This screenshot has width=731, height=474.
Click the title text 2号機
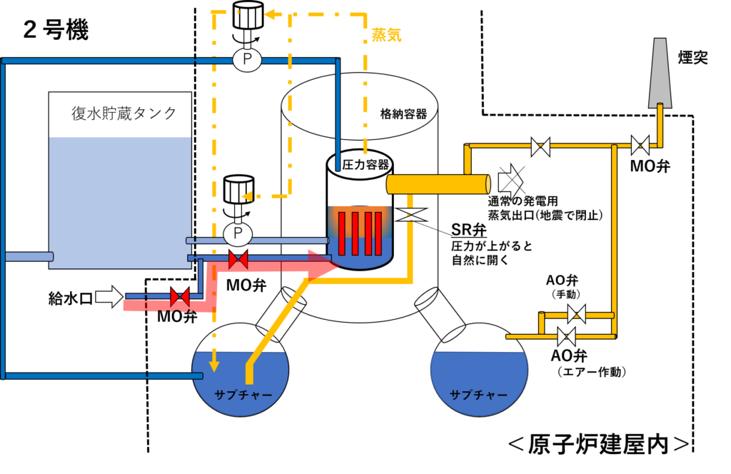(56, 31)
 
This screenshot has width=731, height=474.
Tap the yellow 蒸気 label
(386, 35)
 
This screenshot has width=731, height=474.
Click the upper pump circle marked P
(247, 59)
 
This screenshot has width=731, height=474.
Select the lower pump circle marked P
(238, 233)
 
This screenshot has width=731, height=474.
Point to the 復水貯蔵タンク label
(124, 114)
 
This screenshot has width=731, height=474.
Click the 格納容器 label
(404, 114)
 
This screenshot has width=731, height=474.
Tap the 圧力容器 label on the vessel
(365, 164)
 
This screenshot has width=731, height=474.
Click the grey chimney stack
(660, 74)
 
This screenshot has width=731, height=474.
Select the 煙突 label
(692, 57)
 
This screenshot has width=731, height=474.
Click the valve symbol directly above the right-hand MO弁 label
(640, 146)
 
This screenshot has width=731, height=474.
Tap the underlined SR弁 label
(469, 229)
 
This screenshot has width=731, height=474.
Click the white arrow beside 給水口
(109, 296)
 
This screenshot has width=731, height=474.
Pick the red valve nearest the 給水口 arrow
(179, 297)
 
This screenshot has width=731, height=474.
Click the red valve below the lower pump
(238, 259)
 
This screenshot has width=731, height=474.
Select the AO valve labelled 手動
(577, 314)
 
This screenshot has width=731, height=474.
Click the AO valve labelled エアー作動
(566, 336)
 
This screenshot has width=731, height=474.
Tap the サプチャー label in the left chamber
(243, 395)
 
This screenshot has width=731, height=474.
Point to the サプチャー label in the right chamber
(479, 395)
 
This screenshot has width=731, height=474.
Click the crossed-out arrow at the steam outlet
(511, 181)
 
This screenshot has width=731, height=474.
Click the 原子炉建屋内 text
(599, 444)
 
